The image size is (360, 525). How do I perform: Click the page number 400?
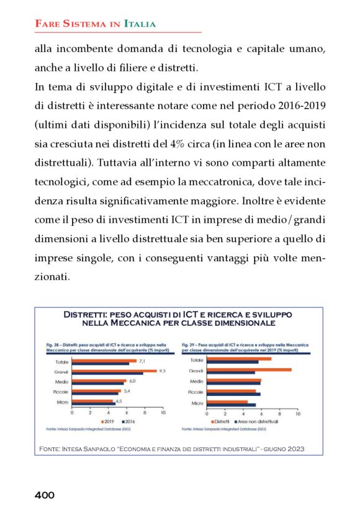point(44,495)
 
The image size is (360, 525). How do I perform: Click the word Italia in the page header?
point(140,24)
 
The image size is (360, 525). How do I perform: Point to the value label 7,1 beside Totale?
point(142,361)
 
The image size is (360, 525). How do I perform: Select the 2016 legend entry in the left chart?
point(127,421)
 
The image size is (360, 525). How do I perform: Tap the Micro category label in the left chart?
point(61,403)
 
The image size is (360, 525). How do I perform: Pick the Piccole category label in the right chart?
point(196,392)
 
